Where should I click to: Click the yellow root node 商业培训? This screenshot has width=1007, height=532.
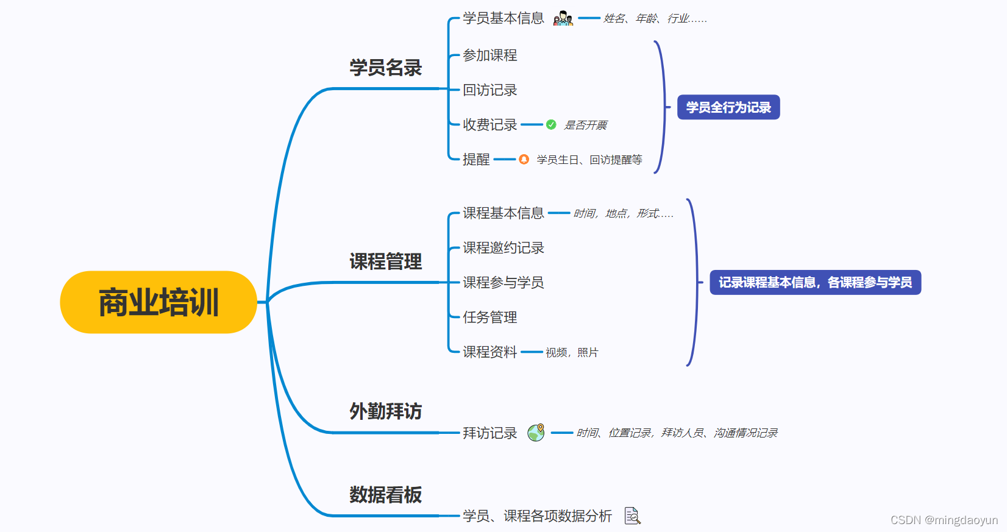[158, 302]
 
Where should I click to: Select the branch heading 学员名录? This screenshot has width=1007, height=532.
[385, 68]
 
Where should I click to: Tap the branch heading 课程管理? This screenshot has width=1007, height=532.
[385, 262]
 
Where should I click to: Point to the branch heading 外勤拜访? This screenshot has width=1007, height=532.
[385, 411]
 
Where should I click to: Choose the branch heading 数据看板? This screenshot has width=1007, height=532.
[385, 495]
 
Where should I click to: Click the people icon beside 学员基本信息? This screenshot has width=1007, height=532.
[563, 18]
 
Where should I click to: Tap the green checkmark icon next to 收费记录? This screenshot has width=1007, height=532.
[551, 125]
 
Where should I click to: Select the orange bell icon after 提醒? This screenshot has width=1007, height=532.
[524, 160]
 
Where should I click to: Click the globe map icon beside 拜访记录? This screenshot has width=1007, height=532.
[536, 433]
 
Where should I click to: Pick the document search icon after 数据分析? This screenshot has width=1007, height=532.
[633, 516]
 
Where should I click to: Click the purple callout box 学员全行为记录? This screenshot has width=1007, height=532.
[728, 107]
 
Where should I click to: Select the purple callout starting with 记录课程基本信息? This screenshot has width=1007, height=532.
[815, 283]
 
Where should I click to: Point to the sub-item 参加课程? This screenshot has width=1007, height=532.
[489, 55]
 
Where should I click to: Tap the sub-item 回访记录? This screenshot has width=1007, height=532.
[489, 90]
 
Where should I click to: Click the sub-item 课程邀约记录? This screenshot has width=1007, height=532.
[503, 248]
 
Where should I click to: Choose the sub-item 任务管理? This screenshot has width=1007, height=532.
[489, 317]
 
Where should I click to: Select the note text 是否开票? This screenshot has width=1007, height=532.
[585, 126]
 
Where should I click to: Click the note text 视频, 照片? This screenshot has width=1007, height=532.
[572, 353]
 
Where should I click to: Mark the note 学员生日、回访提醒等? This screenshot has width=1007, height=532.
[589, 160]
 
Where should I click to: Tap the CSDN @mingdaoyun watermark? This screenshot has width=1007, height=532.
[944, 520]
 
